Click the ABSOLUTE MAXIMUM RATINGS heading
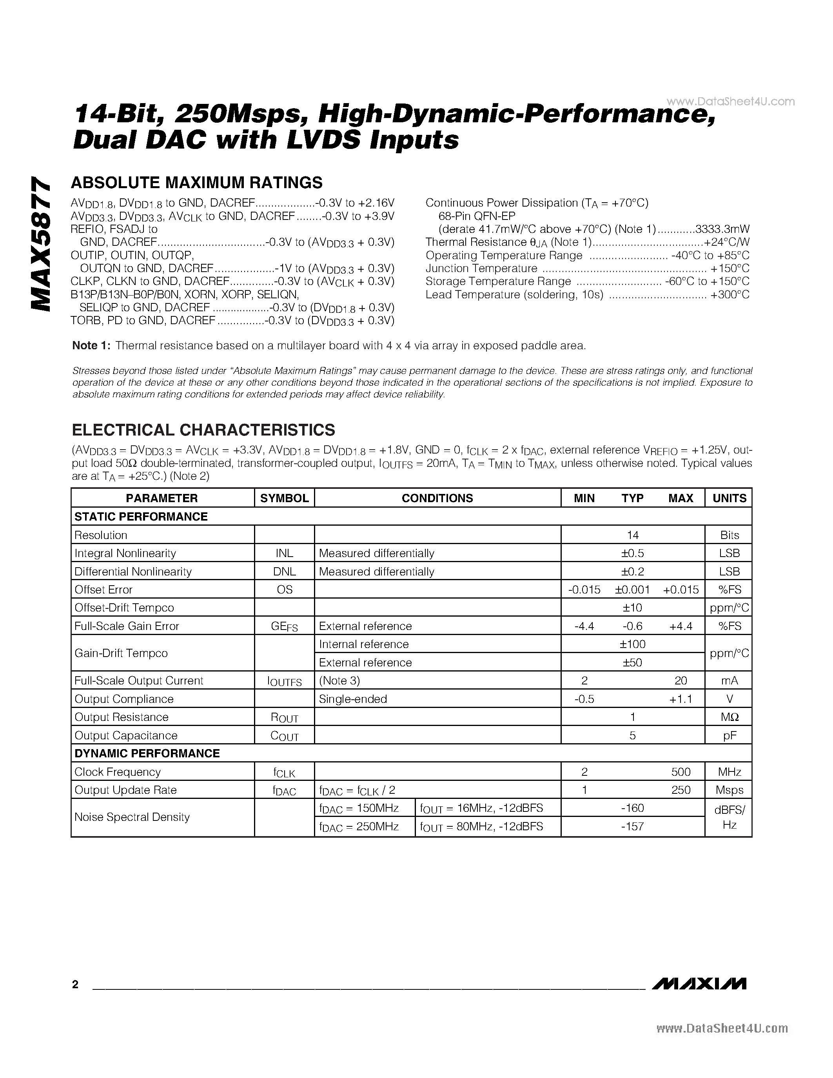(x=196, y=183)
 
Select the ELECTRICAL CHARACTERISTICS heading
(x=203, y=430)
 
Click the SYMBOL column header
(x=284, y=498)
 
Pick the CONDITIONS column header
(x=437, y=498)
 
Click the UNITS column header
(x=729, y=498)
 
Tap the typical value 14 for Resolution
(x=633, y=535)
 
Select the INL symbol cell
(x=284, y=554)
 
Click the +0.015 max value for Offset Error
(x=681, y=590)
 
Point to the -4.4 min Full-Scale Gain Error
(x=584, y=626)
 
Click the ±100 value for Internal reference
(x=633, y=644)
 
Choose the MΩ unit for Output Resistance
(x=729, y=717)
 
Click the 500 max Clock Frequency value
(x=681, y=772)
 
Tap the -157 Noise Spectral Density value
(x=633, y=826)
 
